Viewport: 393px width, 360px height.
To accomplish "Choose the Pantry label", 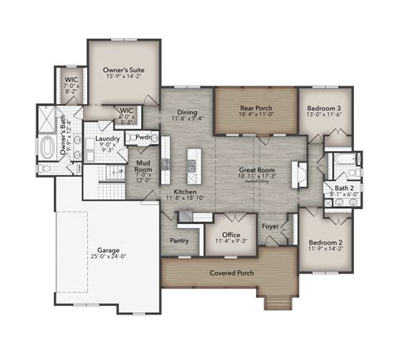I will tap(180, 241).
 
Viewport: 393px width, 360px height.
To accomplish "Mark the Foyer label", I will tap(270, 224).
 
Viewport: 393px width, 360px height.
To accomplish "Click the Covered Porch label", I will tap(233, 272).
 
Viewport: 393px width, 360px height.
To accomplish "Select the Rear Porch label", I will tap(255, 107).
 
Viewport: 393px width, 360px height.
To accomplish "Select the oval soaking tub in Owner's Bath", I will tap(48, 148).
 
